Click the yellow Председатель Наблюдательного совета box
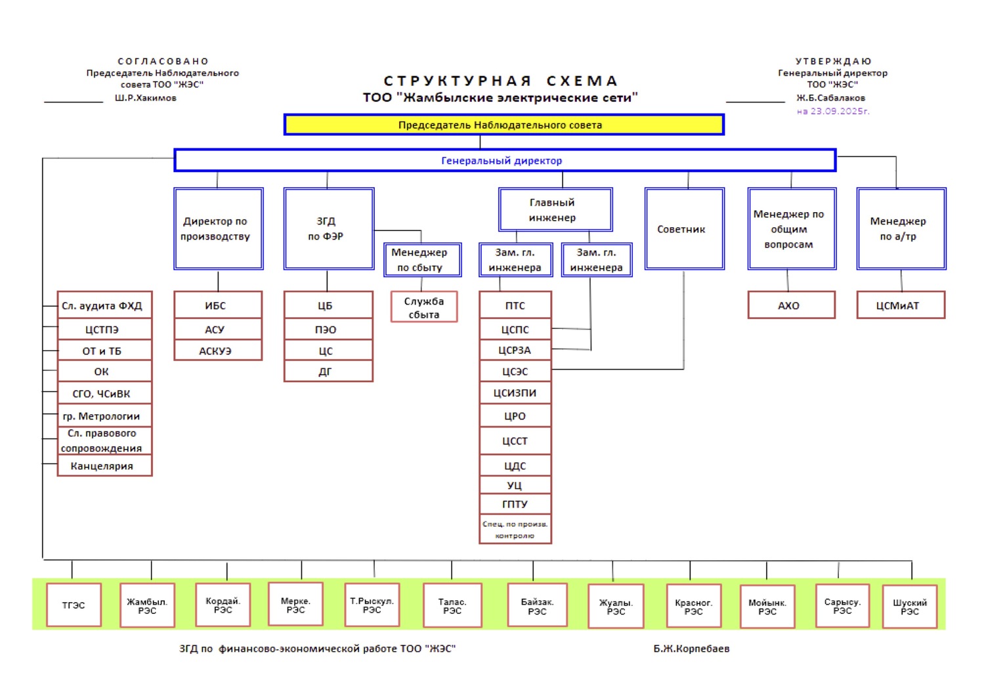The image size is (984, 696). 503,125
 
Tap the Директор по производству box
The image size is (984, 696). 218,228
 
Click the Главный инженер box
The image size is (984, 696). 555,210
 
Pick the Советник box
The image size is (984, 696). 684,228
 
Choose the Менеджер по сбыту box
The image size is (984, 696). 422,260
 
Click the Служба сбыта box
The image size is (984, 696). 423,307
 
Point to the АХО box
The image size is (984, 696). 791,305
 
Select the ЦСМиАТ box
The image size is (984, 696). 900,305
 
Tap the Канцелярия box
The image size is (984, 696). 104,466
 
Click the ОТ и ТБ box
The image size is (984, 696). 104,351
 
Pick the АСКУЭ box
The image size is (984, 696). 217,351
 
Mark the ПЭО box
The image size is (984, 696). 328,329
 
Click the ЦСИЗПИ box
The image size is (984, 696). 515,393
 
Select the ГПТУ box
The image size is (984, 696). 515,504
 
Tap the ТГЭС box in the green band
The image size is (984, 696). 74,605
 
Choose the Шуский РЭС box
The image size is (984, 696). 909,606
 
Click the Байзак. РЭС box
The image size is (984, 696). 538,605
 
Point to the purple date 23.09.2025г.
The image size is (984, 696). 832,111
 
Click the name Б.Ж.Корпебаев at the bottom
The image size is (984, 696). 691,649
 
